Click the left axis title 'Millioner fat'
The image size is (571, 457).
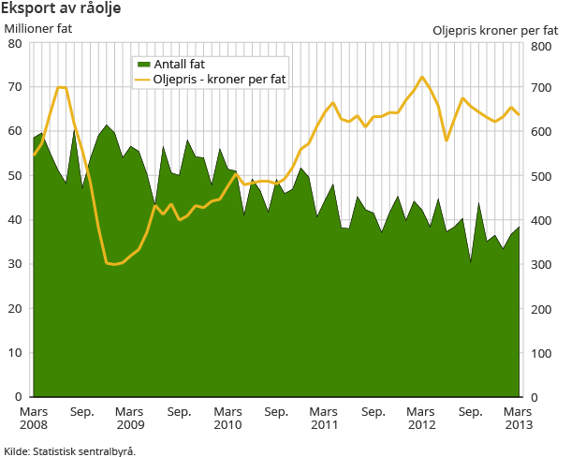[x=38, y=28]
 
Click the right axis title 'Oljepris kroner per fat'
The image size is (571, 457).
[x=495, y=30]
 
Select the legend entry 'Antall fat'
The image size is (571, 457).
[x=179, y=65]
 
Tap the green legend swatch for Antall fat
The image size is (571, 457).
[x=143, y=65]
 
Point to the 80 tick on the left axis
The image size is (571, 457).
[x=16, y=43]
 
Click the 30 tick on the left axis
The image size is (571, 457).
[x=16, y=264]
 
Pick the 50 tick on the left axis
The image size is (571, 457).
[x=16, y=176]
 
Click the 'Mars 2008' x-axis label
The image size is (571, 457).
[x=33, y=418]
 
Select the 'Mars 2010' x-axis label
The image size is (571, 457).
[x=227, y=418]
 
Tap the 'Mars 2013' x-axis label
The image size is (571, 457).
[x=520, y=418]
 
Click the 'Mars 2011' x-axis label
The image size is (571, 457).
[x=325, y=418]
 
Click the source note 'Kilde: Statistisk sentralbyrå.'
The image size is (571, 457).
[x=69, y=450]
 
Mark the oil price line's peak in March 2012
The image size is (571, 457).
[x=422, y=77]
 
